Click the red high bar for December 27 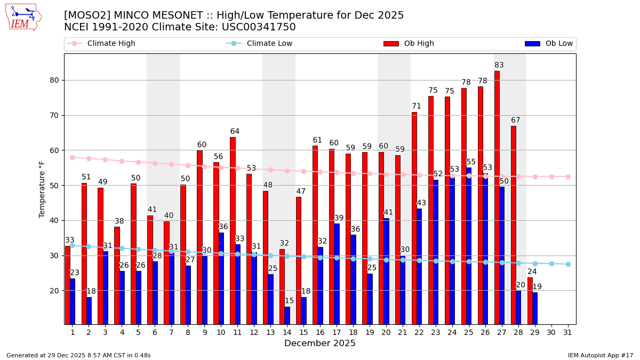497,197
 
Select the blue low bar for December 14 287,315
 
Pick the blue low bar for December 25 469,246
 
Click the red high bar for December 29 530,301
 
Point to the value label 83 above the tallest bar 499,66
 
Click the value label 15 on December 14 289,301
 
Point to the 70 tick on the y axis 55,115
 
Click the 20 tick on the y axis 55,291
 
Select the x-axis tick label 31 568,332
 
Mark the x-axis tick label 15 304,332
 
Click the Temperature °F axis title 42,189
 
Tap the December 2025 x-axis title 319,343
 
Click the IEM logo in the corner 23,17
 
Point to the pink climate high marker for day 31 568,177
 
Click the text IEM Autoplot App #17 601,355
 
